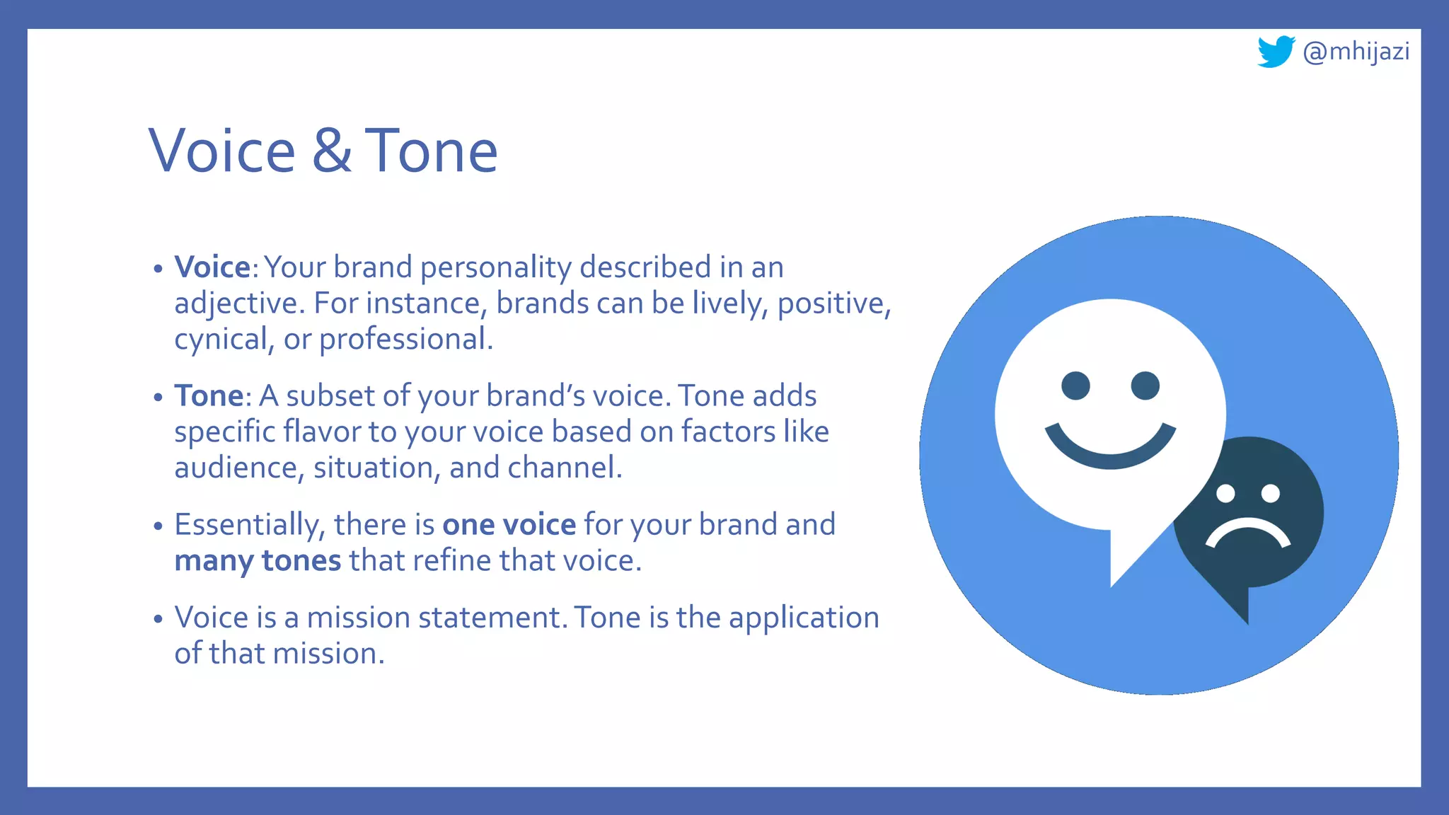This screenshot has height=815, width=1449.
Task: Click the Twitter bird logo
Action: [1275, 52]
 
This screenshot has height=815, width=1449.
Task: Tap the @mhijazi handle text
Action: [1356, 52]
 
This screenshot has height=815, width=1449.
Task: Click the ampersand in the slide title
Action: [331, 151]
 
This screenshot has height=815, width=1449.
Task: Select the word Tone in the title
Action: [431, 151]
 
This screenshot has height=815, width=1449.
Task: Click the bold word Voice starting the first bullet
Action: [212, 267]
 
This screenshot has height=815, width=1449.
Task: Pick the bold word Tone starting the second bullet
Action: [209, 396]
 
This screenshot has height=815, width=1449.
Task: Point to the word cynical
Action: [220, 340]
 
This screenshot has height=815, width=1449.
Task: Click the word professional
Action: [405, 340]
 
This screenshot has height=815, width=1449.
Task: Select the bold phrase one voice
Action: [509, 525]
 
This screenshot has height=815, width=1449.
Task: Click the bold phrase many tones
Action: [258, 561]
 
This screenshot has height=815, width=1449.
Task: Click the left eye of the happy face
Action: [1075, 386]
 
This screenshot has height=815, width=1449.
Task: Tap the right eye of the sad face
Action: [1271, 493]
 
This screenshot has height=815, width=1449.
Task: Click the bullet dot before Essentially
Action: [158, 526]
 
